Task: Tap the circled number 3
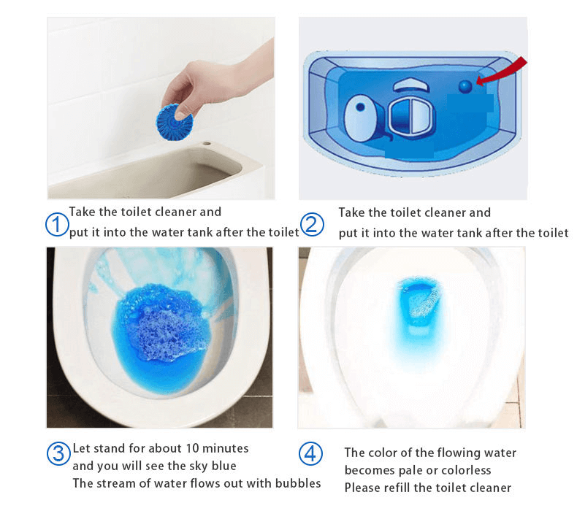coord(58,453)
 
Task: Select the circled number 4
coord(310,453)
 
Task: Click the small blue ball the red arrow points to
coord(465,86)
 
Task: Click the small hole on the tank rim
coord(207,146)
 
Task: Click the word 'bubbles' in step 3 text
coord(297,483)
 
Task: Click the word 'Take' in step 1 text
coord(83,212)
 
